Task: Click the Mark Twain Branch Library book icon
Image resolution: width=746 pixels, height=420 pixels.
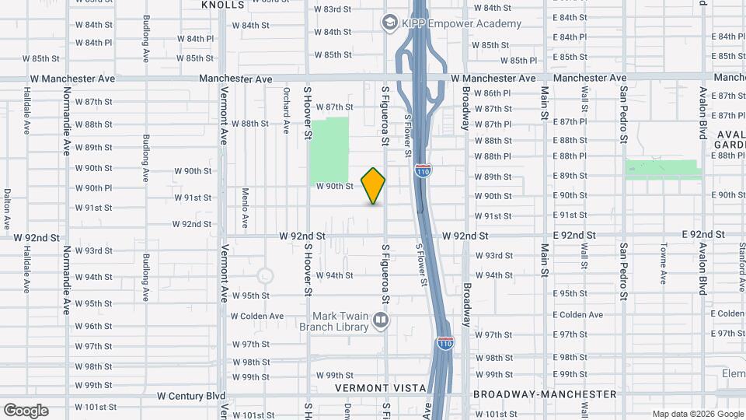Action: point(381,320)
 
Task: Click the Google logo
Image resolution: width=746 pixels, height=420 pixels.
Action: point(26,411)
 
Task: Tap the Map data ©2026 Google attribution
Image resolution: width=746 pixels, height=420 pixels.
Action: point(697,414)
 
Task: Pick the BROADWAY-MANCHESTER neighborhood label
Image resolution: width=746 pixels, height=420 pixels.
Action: point(537,394)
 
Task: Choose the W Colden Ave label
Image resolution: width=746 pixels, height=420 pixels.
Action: point(257,316)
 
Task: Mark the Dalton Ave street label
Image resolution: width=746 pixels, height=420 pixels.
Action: point(6,208)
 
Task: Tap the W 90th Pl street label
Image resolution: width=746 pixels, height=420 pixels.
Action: point(94,188)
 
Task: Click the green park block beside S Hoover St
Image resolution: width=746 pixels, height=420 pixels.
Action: point(329,150)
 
